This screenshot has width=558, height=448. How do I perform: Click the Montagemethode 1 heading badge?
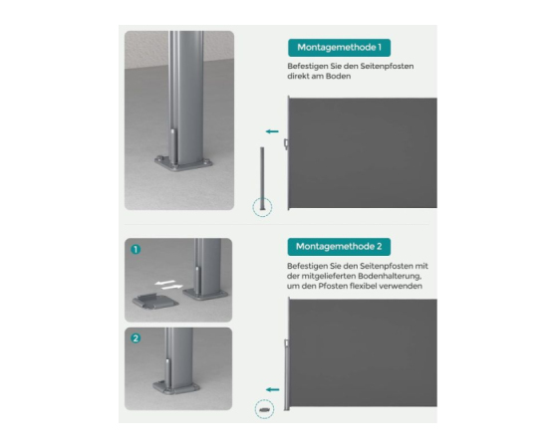tap(339, 48)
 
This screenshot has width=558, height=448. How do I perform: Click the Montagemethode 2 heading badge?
tap(339, 247)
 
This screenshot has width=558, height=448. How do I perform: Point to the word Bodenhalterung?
tap(390, 277)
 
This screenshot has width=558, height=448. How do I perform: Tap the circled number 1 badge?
tap(136, 249)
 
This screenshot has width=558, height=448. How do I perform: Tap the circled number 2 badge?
tap(136, 338)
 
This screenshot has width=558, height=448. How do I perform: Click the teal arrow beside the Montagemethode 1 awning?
tap(272, 131)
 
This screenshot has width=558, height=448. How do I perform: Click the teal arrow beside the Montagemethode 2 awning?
tap(273, 389)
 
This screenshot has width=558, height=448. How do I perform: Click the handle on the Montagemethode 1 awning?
tap(285, 143)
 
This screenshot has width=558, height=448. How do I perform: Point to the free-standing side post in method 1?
tap(262, 178)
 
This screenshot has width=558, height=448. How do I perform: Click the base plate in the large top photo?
tap(183, 164)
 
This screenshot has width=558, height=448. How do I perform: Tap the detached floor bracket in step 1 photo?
tap(155, 301)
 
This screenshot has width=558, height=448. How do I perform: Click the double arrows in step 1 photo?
tap(169, 285)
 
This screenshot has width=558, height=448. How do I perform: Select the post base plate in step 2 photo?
tap(175, 386)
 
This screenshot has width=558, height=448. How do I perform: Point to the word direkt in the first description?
tap(298, 76)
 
